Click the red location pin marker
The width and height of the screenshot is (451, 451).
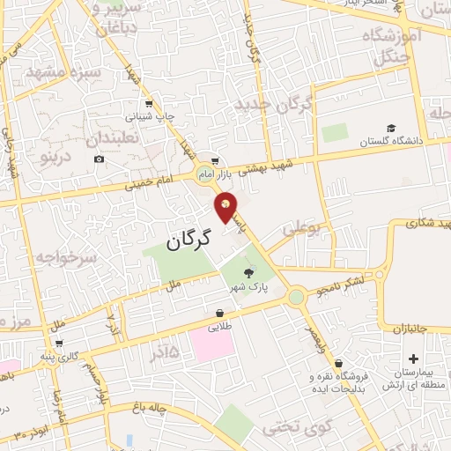225,207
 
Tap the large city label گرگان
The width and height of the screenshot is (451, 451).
189,238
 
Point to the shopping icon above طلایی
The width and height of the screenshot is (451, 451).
219,313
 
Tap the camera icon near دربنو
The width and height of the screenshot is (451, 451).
99,159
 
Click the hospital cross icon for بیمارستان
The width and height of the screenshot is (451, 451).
414,359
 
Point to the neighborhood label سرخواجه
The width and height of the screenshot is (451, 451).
65,257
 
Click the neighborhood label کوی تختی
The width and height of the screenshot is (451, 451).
299,430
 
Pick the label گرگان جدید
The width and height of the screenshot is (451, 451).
275,104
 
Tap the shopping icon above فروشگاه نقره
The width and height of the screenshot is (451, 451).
338,364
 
